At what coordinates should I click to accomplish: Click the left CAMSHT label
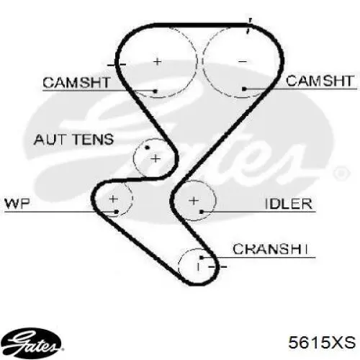(x=76, y=82)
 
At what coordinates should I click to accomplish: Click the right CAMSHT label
(x=320, y=81)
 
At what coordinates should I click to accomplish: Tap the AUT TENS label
(x=73, y=140)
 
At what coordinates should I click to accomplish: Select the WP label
(x=17, y=204)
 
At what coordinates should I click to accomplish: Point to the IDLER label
(x=289, y=204)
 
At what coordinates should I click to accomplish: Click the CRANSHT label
(x=270, y=249)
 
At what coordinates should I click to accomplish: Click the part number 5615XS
(x=322, y=342)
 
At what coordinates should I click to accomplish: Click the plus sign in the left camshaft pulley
(x=158, y=62)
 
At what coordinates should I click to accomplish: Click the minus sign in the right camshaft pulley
(x=243, y=62)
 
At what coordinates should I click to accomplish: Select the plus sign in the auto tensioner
(x=156, y=158)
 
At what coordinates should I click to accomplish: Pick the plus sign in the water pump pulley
(x=113, y=199)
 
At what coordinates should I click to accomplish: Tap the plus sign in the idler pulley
(x=194, y=200)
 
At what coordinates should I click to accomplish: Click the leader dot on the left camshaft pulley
(x=156, y=91)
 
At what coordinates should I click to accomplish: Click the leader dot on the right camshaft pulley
(x=244, y=89)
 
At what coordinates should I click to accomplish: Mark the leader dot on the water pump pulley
(x=117, y=212)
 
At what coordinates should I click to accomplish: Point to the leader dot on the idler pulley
(x=202, y=212)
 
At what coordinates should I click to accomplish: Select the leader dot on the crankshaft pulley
(x=202, y=258)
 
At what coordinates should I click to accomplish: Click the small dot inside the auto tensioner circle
(x=147, y=148)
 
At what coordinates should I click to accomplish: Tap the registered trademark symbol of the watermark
(x=341, y=173)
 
